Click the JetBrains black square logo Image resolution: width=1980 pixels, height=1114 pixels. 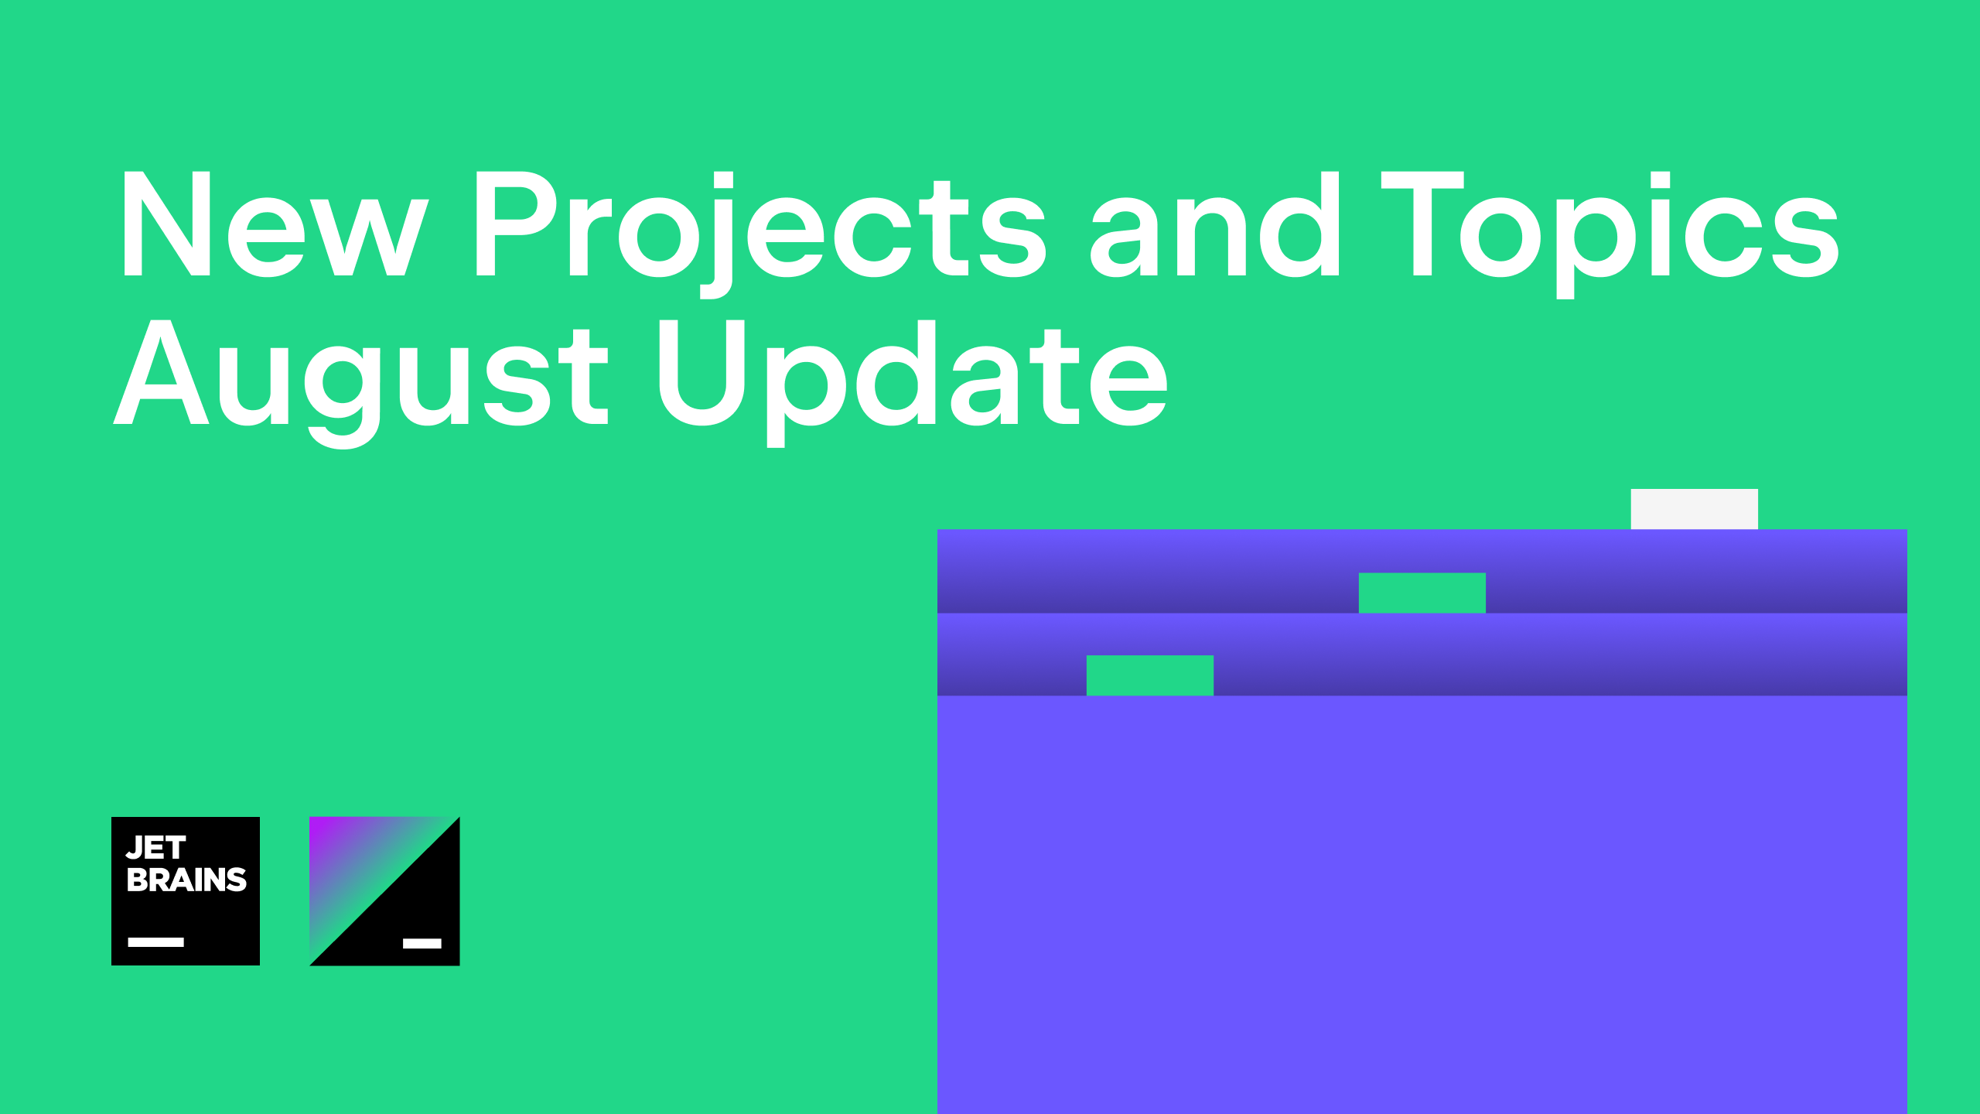186,891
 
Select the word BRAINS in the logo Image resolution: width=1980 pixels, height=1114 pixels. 186,880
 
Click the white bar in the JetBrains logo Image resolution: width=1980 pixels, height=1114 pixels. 155,942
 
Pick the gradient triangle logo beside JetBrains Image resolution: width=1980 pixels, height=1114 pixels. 384,891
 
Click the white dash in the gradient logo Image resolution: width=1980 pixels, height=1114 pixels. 422,943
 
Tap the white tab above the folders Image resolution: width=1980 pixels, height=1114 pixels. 1694,509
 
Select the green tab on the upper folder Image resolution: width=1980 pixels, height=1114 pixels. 1422,593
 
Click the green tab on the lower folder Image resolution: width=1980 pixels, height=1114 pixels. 1149,675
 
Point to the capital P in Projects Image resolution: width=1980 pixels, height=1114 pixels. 514,224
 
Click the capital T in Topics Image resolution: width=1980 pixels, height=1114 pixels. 1422,224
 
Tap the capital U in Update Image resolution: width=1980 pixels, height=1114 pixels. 702,373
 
